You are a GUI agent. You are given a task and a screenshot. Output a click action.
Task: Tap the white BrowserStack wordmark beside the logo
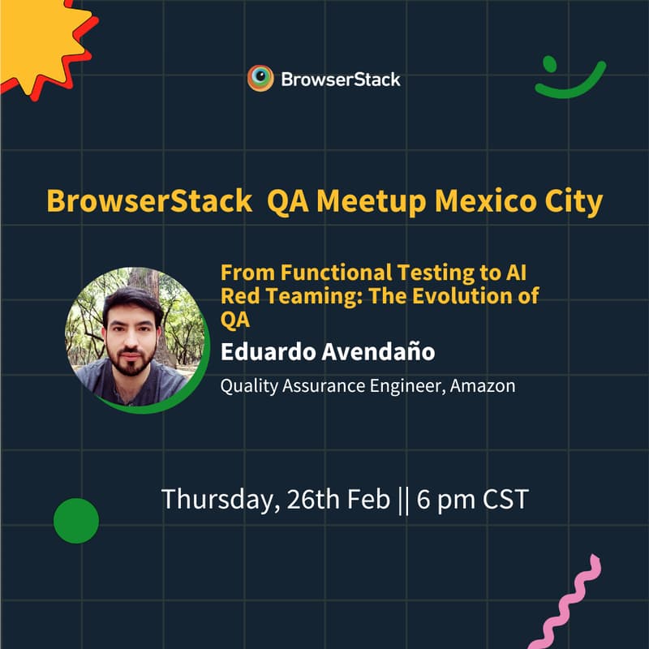341,80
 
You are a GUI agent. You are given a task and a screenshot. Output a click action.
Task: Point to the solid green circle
76,521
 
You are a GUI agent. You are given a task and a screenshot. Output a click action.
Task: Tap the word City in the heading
575,201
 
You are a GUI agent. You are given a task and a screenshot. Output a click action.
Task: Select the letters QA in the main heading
287,201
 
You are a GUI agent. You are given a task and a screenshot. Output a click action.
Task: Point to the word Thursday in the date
218,499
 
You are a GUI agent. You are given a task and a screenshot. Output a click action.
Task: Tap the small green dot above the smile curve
549,62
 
